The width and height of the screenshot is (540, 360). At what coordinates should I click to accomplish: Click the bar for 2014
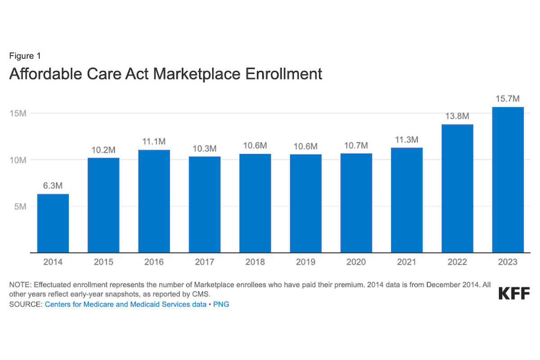(x=53, y=223)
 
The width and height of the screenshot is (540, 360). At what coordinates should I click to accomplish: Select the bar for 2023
(x=508, y=180)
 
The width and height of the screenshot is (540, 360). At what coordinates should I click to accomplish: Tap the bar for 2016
(x=154, y=201)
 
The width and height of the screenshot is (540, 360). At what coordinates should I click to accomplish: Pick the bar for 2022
(x=457, y=189)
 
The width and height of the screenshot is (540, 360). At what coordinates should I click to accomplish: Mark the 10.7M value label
(x=356, y=145)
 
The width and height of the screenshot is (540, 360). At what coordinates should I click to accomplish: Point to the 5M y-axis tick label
(x=20, y=207)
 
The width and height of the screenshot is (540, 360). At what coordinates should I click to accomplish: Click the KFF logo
(x=514, y=293)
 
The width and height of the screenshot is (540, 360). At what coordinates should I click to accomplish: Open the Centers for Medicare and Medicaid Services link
(x=125, y=305)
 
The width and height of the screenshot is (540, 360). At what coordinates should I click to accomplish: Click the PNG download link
(x=221, y=305)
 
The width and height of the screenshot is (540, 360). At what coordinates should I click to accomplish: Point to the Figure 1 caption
(x=25, y=56)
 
